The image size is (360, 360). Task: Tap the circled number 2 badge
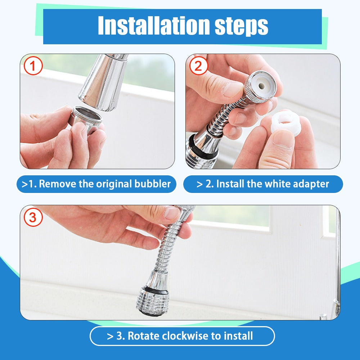pyautogui.click(x=198, y=66)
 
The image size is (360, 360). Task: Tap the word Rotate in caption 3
pyautogui.click(x=144, y=336)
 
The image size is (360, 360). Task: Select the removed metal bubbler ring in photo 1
pyautogui.click(x=85, y=118)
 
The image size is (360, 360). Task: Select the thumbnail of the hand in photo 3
pyautogui.click(x=172, y=213)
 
